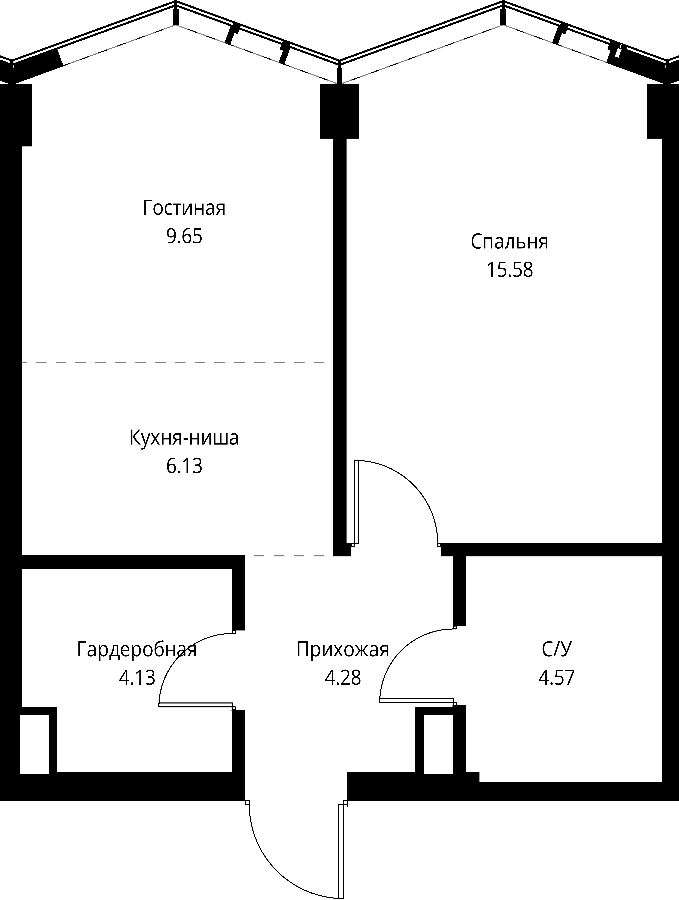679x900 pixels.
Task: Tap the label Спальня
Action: pos(509,242)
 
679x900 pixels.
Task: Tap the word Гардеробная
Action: pos(137,650)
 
